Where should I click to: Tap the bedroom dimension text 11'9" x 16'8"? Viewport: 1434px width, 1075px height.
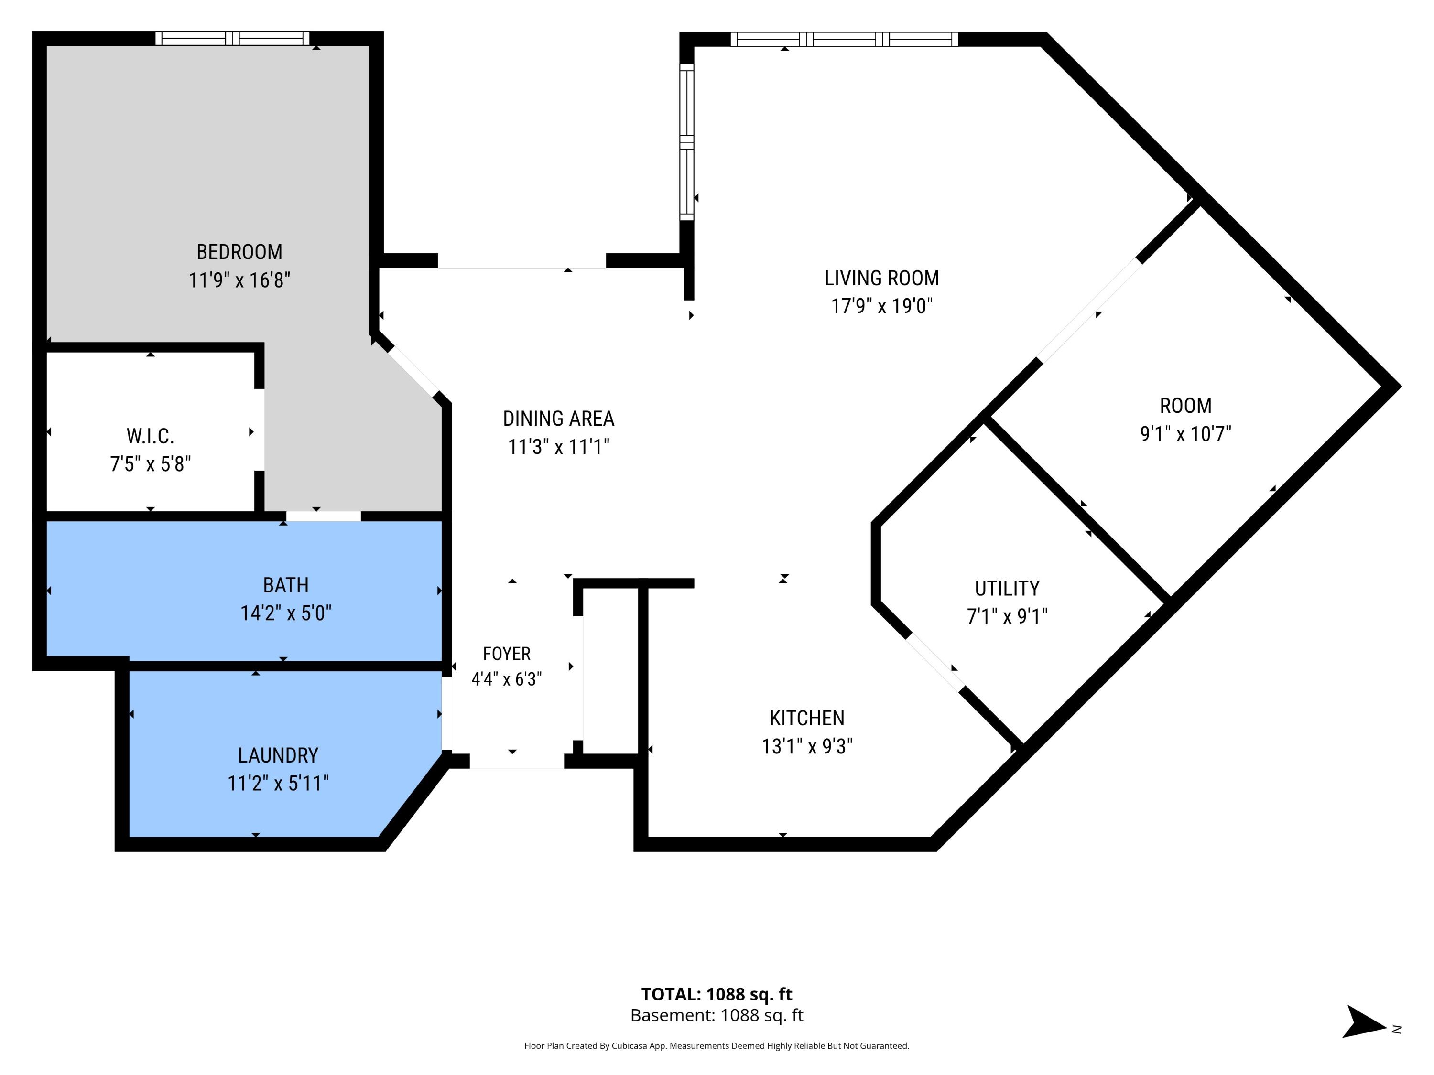tap(239, 280)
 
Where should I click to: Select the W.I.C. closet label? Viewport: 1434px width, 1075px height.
tap(151, 436)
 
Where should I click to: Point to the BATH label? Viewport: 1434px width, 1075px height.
tap(286, 585)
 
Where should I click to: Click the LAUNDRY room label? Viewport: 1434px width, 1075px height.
tap(278, 755)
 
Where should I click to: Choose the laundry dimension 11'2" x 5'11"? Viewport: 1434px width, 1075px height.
tap(278, 784)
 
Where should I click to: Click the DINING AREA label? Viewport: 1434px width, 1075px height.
tap(559, 419)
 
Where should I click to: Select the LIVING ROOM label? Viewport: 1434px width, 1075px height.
tap(881, 278)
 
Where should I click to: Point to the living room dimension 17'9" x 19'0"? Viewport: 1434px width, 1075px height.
tap(881, 306)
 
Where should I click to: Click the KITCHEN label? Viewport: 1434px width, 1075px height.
tap(807, 718)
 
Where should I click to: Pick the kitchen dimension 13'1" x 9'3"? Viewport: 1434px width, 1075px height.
tap(807, 746)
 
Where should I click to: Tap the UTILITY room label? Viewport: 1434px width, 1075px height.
tap(1008, 588)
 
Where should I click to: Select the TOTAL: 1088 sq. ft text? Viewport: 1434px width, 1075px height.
tap(717, 994)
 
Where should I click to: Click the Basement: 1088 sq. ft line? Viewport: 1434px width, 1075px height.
tap(717, 1015)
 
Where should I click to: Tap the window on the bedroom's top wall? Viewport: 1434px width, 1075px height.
tap(233, 38)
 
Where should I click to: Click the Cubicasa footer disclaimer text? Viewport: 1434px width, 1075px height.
tap(717, 1045)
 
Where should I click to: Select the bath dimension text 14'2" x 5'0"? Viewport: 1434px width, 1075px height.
tap(286, 613)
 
